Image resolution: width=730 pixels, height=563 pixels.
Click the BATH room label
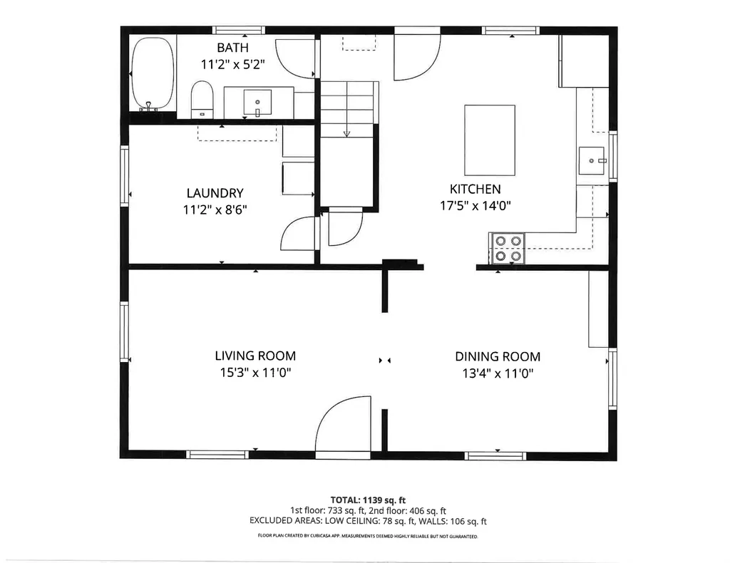232,48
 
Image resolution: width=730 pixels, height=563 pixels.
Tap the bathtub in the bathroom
152,74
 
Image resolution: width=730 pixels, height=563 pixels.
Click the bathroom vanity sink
257,103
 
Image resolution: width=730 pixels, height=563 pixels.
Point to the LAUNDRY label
215,193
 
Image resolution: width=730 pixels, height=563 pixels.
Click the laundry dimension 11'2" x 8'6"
215,210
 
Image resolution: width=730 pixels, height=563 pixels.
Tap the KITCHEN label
475,190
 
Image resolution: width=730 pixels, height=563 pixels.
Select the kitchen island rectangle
489,140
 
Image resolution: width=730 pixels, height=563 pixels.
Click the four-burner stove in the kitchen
507,248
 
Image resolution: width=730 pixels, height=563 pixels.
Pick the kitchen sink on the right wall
591,161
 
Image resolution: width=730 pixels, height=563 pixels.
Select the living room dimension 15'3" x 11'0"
255,373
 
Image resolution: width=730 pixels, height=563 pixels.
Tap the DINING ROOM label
498,357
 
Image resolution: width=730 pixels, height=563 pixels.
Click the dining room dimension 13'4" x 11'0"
498,373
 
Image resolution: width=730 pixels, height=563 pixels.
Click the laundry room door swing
298,234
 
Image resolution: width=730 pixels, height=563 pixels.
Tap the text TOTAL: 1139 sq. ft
368,500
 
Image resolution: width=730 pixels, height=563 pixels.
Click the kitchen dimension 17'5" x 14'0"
475,206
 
